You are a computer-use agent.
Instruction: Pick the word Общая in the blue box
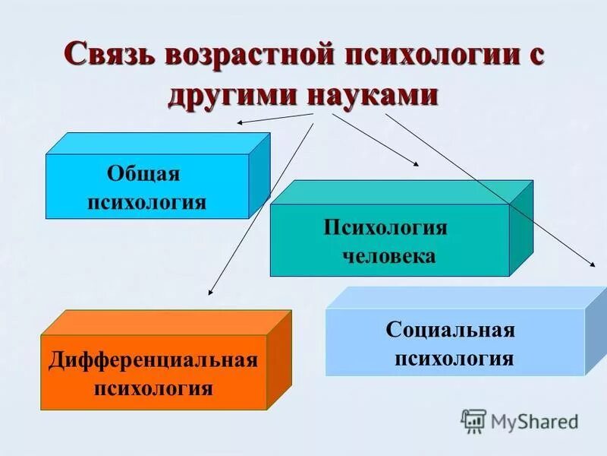pyautogui.click(x=143, y=173)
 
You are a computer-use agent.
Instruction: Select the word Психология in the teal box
pyautogui.click(x=385, y=227)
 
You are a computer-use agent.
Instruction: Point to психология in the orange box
pyautogui.click(x=153, y=388)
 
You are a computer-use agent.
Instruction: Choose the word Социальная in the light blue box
pyautogui.click(x=451, y=330)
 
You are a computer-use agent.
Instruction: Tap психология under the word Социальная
pyautogui.click(x=454, y=358)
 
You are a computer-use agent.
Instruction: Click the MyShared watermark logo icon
pyautogui.click(x=473, y=420)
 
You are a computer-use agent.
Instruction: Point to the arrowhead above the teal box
pyautogui.click(x=414, y=163)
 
